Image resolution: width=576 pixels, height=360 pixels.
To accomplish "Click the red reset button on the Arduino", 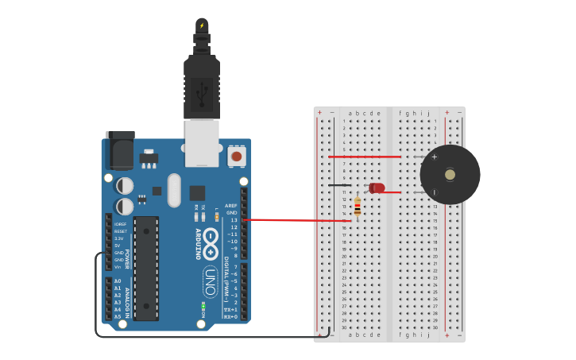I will pyautogui.click(x=236, y=157).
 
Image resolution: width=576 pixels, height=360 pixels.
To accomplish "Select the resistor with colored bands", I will pyautogui.click(x=358, y=207).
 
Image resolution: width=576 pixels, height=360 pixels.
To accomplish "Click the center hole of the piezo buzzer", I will pyautogui.click(x=450, y=175).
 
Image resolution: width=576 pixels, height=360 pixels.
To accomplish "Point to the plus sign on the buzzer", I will pyautogui.click(x=435, y=157).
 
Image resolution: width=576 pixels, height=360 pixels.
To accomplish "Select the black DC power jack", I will pyautogui.click(x=120, y=151).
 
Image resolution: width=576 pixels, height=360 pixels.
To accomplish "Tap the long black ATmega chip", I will pyautogui.click(x=146, y=268).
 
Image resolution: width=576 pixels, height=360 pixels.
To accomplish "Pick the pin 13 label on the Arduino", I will pyautogui.click(x=234, y=220).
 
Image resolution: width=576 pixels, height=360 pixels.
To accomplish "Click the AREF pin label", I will pyautogui.click(x=231, y=206).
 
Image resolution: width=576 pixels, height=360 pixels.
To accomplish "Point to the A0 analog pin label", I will pyautogui.click(x=118, y=281).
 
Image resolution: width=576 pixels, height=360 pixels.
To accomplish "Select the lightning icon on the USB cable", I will pyautogui.click(x=202, y=25).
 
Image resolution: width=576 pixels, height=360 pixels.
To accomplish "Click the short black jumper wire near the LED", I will pyautogui.click(x=339, y=185).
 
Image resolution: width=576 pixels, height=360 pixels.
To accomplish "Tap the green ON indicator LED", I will pyautogui.click(x=203, y=305).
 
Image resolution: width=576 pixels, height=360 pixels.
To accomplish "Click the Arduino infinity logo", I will pyautogui.click(x=211, y=239).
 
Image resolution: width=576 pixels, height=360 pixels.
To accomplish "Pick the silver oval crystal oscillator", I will pyautogui.click(x=174, y=190).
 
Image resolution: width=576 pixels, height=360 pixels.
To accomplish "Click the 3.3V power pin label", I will pyautogui.click(x=118, y=238).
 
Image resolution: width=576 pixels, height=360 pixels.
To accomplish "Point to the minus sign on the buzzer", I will pyautogui.click(x=435, y=192).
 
